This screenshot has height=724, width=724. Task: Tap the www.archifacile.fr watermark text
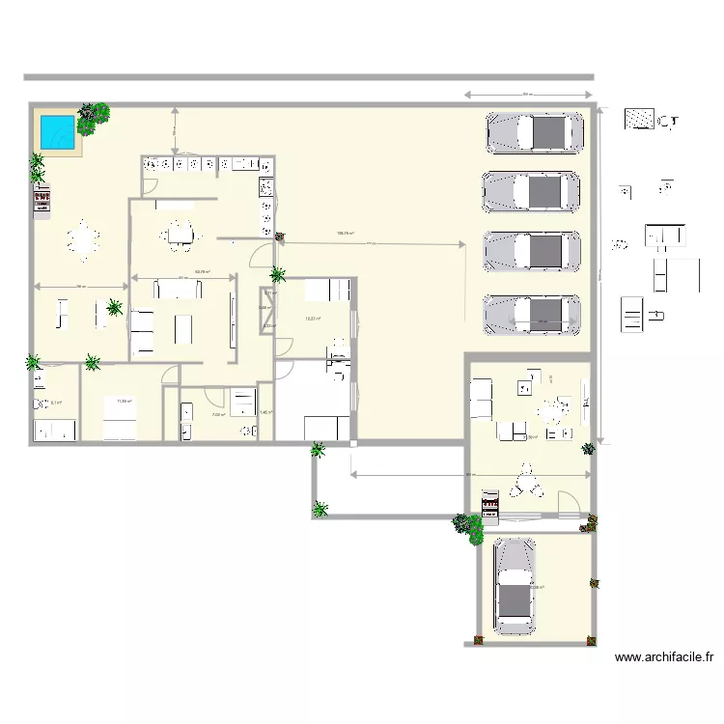click(x=664, y=657)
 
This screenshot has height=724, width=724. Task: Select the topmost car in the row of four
click(x=534, y=133)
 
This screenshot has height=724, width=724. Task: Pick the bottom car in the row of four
click(x=534, y=313)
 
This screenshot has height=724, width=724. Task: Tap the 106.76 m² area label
click(x=345, y=233)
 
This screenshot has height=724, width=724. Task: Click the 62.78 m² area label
click(x=203, y=271)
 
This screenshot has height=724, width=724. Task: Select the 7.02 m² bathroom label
click(x=218, y=415)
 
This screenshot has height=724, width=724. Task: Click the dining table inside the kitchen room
click(x=179, y=233)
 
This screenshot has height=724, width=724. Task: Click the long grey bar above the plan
click(x=309, y=77)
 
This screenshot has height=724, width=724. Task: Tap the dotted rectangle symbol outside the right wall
click(x=639, y=121)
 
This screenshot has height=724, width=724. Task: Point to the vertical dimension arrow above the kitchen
click(x=174, y=128)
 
